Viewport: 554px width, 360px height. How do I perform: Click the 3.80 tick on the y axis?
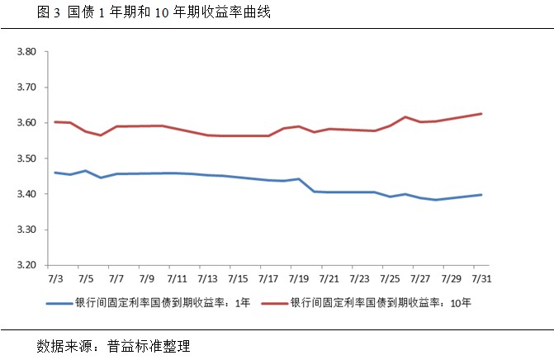coord(28,52)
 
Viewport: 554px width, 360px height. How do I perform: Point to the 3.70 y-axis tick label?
coord(28,88)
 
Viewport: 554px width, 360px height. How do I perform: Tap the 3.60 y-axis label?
coord(28,123)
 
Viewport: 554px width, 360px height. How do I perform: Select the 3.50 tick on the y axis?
coord(28,159)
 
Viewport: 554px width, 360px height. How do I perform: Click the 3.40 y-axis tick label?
coord(28,194)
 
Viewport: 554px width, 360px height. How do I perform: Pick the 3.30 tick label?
coord(28,230)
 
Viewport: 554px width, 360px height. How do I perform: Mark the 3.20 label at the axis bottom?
coord(28,265)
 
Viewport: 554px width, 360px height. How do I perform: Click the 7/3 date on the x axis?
coord(55,280)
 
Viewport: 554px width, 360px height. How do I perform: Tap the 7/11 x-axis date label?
coord(177,280)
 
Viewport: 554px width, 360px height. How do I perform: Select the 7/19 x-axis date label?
coord(299,280)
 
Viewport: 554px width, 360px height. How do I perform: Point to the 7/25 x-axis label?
coord(390,280)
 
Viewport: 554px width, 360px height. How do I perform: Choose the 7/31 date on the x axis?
coord(481,280)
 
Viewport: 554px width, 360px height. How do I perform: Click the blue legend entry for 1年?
coord(149,303)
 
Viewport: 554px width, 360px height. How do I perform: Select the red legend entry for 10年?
coord(368,303)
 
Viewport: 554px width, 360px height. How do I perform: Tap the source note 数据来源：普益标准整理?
coord(114,344)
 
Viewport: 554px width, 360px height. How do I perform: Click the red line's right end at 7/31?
coord(481,114)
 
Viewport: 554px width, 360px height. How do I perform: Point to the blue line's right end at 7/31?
coord(481,195)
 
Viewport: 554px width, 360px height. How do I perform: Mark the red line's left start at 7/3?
coord(55,122)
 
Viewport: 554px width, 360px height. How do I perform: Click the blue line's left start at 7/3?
coord(55,173)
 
